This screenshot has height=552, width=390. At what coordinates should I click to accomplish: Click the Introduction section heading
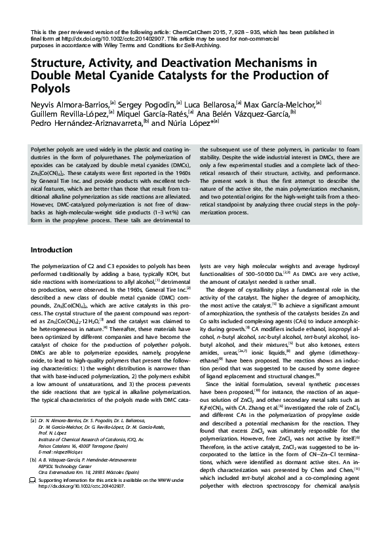pyautogui.click(x=52, y=250)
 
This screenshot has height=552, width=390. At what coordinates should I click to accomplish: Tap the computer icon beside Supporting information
pyautogui.click(x=33, y=481)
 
